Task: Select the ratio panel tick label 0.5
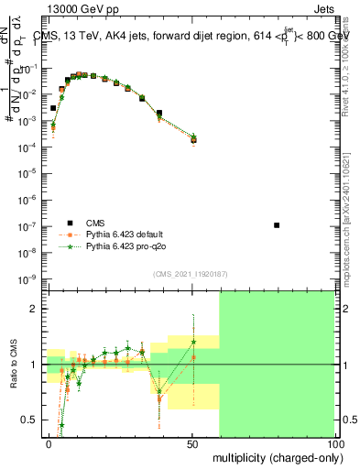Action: [30, 420]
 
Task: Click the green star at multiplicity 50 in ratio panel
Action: [193, 342]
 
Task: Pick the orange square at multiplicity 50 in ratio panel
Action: [193, 357]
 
